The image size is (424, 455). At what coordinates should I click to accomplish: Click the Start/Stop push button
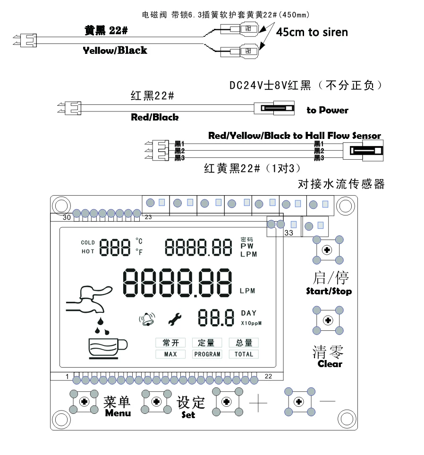327,249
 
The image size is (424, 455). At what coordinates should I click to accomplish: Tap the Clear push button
327,320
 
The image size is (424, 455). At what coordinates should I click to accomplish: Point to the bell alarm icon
147,320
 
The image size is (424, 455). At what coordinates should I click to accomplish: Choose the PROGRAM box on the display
207,354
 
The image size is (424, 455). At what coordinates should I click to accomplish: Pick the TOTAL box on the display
244,354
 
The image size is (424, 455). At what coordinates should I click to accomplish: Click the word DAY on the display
249,313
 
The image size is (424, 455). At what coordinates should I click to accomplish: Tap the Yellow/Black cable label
115,50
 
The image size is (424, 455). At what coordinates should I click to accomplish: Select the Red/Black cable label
155,117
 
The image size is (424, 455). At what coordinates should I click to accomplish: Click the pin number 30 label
67,217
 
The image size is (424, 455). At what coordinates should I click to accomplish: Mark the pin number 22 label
268,376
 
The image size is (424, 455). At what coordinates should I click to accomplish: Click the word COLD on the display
88,243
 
